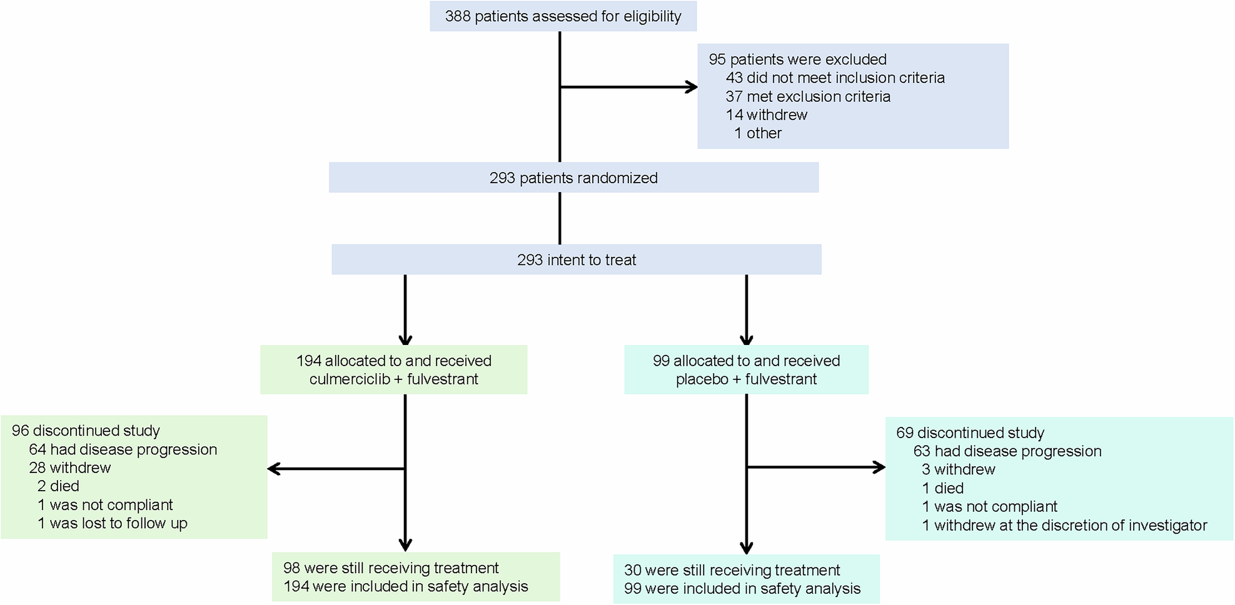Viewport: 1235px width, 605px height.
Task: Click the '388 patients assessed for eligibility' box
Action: click(x=563, y=16)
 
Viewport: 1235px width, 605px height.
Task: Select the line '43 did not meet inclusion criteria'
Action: click(x=835, y=78)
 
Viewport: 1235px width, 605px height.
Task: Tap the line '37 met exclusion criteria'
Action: click(x=808, y=97)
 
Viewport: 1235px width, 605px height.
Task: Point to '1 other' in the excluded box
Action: click(x=758, y=133)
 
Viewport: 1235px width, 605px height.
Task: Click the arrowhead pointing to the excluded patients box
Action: click(x=692, y=87)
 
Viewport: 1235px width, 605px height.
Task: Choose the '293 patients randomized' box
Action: click(x=573, y=178)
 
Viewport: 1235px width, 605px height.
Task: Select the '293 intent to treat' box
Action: click(x=576, y=260)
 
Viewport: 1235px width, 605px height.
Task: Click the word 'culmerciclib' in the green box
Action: click(x=349, y=379)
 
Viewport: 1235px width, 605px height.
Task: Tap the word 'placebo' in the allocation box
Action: click(x=702, y=379)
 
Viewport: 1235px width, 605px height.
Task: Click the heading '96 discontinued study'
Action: click(x=86, y=431)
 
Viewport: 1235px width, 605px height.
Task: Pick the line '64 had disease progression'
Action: click(x=123, y=449)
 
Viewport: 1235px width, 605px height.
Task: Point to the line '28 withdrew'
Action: click(x=69, y=468)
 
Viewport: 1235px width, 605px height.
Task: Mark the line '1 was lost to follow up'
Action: click(x=112, y=523)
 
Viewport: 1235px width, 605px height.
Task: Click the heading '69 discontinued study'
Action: click(x=970, y=432)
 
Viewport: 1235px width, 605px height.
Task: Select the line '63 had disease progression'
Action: click(x=1007, y=451)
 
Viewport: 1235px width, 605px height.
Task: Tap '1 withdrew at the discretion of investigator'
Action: click(x=1064, y=526)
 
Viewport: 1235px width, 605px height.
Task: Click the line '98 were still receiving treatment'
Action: click(x=391, y=568)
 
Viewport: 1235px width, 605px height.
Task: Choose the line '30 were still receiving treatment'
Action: click(x=732, y=570)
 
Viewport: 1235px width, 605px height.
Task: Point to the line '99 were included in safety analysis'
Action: click(x=742, y=589)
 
